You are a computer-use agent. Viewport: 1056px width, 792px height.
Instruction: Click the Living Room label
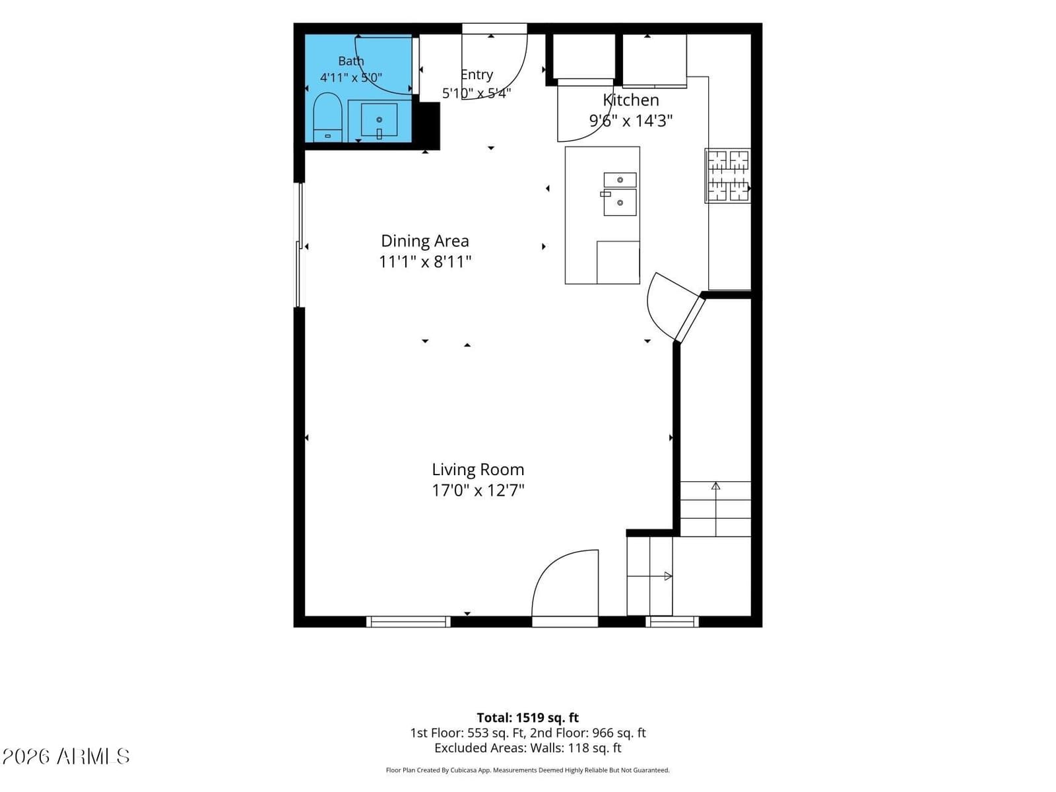477,469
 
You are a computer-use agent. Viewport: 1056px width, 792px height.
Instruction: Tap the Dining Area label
425,240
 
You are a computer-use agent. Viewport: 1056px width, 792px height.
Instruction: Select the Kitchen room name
631,100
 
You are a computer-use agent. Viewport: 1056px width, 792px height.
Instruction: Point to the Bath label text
350,61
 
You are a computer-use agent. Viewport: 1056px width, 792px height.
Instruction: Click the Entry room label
477,75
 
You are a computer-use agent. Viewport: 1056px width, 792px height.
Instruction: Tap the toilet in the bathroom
327,117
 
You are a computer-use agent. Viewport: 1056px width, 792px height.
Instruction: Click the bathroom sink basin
379,119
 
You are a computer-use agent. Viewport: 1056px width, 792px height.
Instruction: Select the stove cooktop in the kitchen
727,176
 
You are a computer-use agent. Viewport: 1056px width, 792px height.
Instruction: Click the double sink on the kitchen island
620,194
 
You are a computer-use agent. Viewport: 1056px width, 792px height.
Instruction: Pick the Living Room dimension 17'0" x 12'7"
477,490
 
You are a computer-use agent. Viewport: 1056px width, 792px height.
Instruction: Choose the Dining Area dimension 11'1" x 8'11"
425,261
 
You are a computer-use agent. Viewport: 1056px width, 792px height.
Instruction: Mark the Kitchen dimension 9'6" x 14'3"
631,120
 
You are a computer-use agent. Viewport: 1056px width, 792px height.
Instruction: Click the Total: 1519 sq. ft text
528,717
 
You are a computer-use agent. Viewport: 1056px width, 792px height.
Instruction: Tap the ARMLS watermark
66,756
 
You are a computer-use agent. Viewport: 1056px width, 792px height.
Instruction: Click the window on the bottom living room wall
408,622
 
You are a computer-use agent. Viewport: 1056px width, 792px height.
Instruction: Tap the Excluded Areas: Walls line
528,748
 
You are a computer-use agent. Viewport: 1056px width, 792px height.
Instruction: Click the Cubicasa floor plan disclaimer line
528,770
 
